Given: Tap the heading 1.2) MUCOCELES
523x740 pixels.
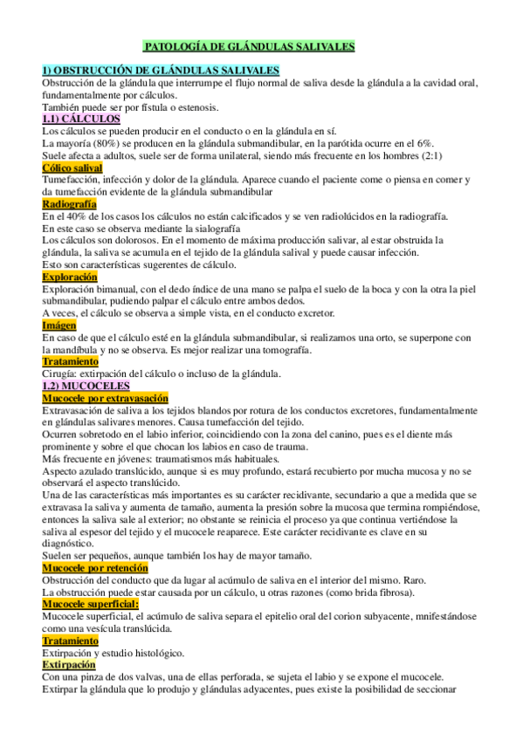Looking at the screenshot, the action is [86, 385].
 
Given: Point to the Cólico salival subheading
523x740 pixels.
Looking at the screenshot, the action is [72, 168].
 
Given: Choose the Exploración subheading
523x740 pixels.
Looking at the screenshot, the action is [70, 277].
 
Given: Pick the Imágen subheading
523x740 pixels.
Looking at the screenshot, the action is [59, 325].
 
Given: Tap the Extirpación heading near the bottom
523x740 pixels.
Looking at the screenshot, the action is [71, 664].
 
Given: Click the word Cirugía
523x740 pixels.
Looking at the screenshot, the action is [59, 373].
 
